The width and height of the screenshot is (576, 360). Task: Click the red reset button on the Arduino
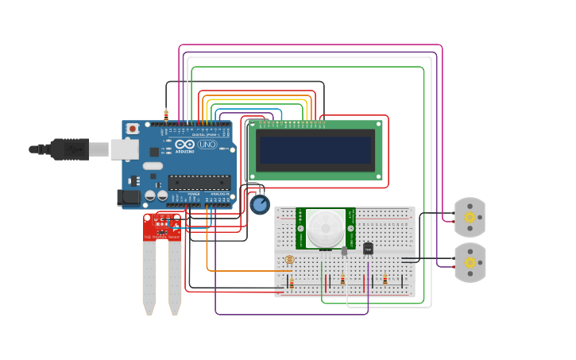[132, 128]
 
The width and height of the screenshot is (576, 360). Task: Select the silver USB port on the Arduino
[123, 149]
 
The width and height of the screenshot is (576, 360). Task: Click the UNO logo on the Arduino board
[207, 145]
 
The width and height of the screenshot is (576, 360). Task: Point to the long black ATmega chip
[199, 182]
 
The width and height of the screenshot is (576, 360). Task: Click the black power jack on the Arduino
[128, 196]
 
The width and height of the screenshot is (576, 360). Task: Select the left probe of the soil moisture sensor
[149, 277]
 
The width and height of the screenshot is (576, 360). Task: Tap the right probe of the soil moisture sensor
[174, 277]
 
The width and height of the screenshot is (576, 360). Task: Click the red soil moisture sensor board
[162, 226]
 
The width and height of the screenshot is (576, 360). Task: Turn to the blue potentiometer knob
[260, 204]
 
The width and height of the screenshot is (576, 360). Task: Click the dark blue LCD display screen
[315, 149]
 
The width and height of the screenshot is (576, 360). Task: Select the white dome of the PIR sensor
[326, 228]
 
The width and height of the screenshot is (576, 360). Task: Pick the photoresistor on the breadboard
[289, 260]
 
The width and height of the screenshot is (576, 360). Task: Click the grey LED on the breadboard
[344, 251]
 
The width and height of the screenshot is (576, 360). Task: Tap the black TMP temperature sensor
[368, 249]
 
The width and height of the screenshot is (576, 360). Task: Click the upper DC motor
[470, 217]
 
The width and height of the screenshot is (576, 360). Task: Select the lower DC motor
[470, 262]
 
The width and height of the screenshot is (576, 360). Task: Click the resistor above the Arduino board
[166, 114]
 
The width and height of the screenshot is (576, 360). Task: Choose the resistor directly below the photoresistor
[292, 282]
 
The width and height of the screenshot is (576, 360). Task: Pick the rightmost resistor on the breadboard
[385, 279]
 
